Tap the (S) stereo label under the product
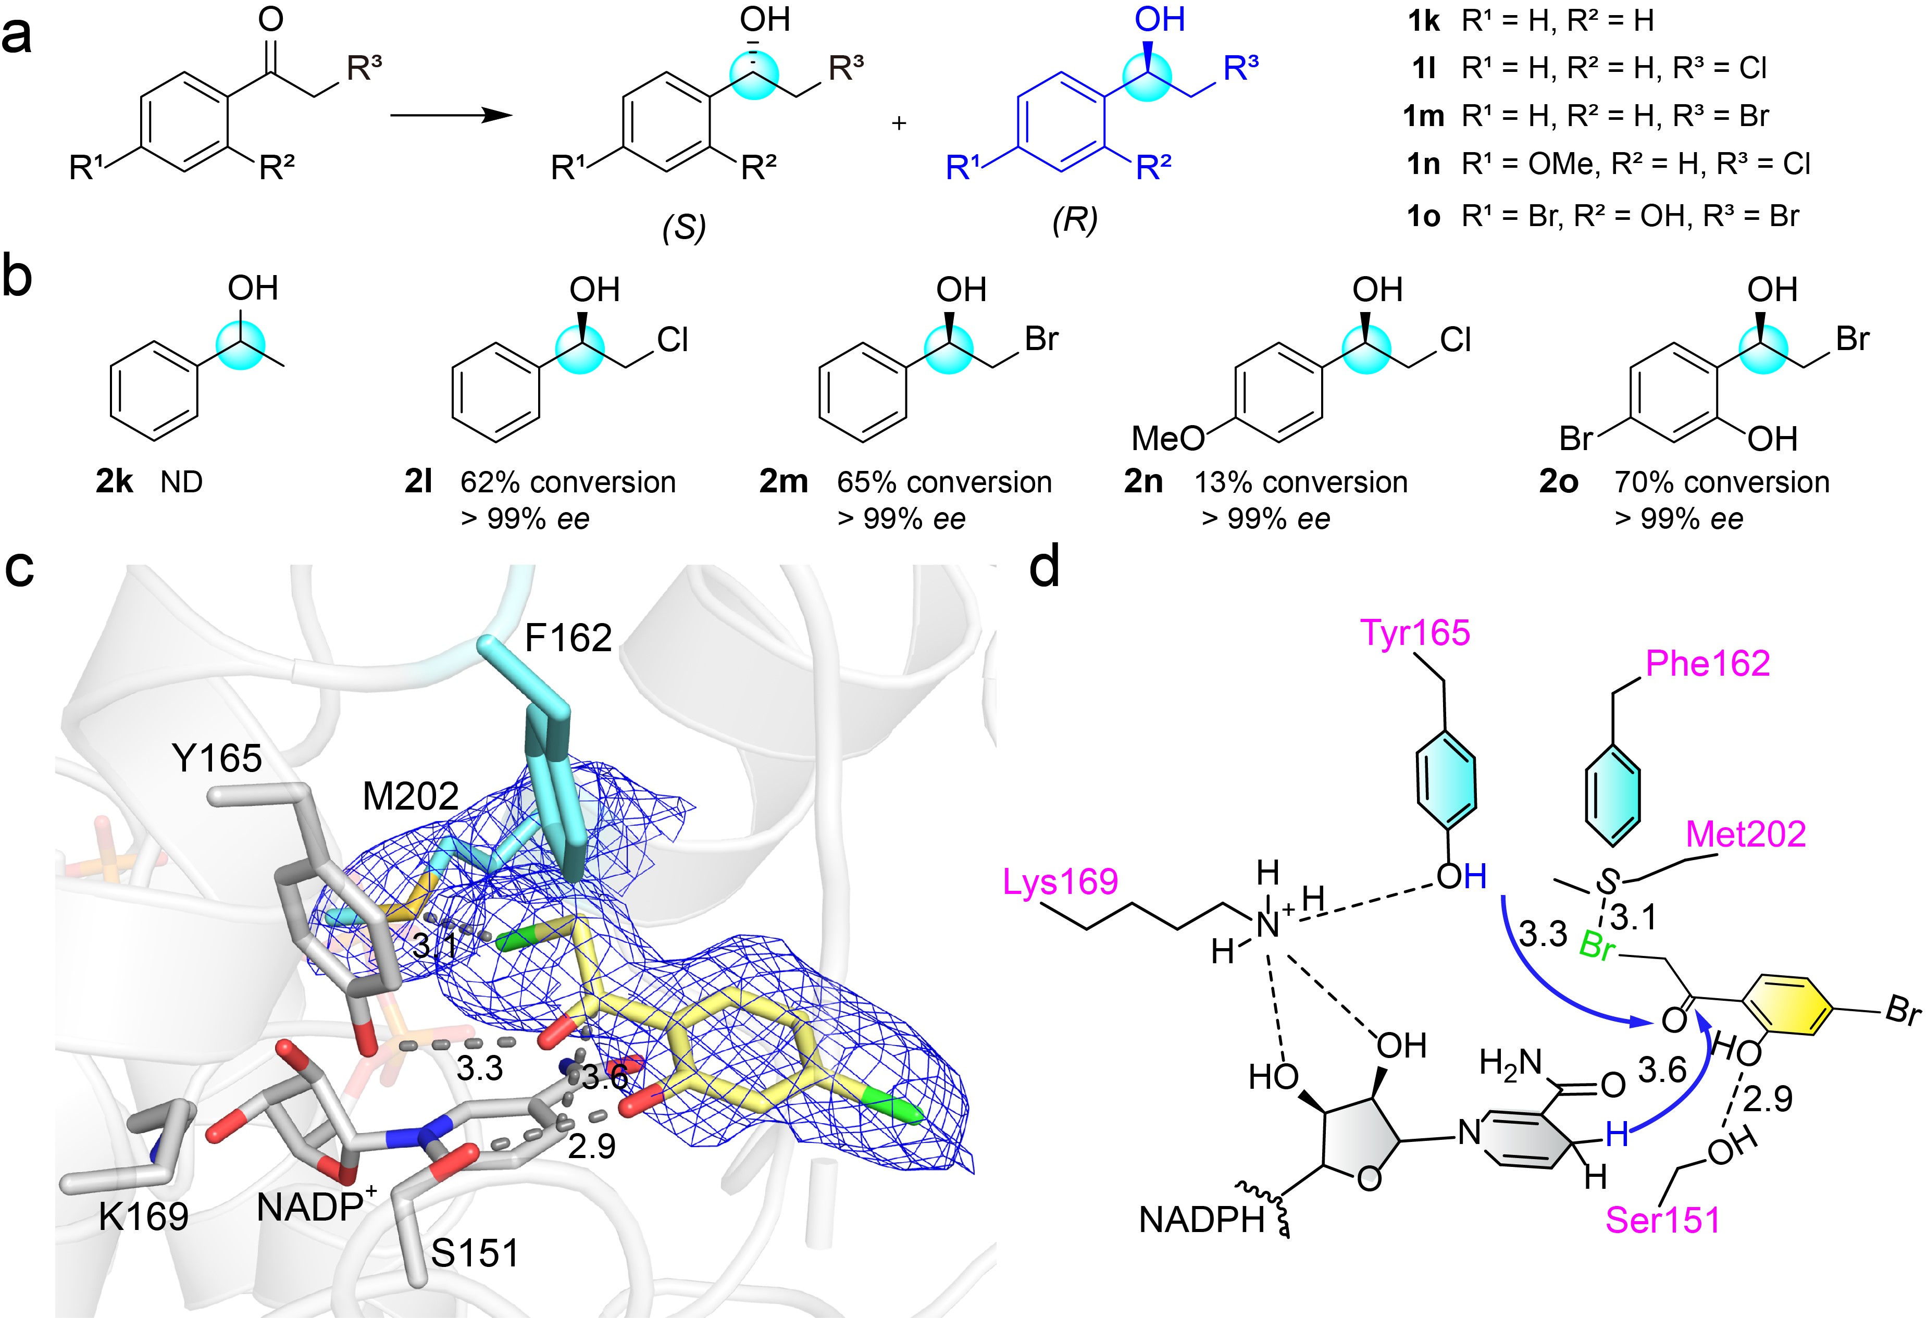(683, 226)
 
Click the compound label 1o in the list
(1424, 216)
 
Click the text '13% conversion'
(1301, 481)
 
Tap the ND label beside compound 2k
(182, 481)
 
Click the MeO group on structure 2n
(1167, 438)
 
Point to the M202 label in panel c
(411, 797)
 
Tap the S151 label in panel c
(475, 1252)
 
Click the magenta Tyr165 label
(1415, 634)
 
